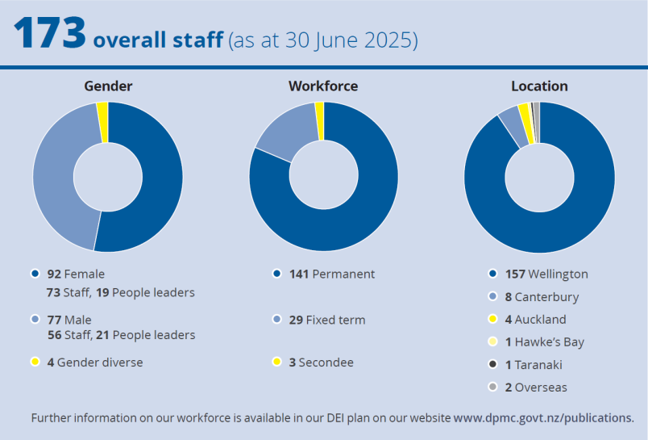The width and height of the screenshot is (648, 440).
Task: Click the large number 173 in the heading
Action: [x=50, y=35]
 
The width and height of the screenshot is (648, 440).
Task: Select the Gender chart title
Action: [x=108, y=86]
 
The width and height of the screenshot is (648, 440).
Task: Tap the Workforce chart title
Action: [x=323, y=86]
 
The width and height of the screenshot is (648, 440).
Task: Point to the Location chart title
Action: [x=539, y=86]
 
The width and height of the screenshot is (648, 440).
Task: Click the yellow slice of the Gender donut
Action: [x=102, y=122]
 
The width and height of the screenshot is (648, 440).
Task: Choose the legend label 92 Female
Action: [x=76, y=274]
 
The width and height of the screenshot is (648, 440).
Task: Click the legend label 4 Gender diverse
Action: [x=94, y=362]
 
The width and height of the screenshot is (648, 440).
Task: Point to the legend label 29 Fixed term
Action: [x=327, y=320]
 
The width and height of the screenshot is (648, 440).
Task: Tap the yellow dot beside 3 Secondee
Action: [x=276, y=362]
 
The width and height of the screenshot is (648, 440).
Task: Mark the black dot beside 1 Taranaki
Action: [x=492, y=364]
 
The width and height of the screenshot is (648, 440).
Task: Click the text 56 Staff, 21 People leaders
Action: [x=121, y=334]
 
